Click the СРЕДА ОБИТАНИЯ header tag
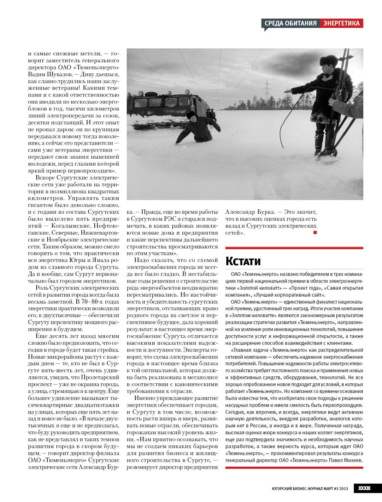pos(290,23)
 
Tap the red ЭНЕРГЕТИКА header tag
pos(342,23)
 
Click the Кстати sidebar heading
pos(243,261)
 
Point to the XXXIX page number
pos(364,488)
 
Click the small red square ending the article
pos(315,232)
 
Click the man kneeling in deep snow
pos(198,128)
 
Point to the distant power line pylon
pos(267,90)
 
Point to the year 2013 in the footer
pos(344,489)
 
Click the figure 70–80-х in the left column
pos(91,302)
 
